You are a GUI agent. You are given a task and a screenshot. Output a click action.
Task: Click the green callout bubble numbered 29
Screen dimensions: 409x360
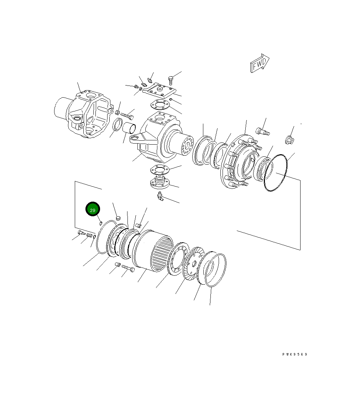coord(93,209)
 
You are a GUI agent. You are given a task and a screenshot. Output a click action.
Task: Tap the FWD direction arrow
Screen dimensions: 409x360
coord(260,64)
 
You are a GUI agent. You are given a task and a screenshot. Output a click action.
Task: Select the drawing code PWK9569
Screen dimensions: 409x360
coord(295,354)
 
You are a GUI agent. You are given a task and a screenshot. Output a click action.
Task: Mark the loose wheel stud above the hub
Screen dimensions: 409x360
coord(262,131)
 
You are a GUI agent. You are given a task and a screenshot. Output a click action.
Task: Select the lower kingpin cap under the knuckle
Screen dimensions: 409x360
coord(160,182)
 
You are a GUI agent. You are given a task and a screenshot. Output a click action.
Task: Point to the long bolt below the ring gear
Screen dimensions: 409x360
coord(128,268)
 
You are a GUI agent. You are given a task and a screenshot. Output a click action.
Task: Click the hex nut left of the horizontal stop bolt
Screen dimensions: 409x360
coord(118,113)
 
